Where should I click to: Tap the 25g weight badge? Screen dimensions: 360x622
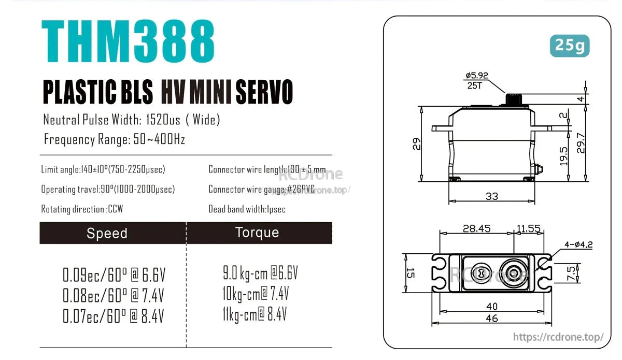(x=569, y=46)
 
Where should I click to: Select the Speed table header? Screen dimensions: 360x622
(x=107, y=233)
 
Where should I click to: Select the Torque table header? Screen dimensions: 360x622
(x=257, y=233)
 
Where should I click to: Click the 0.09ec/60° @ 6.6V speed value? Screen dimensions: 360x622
(x=114, y=275)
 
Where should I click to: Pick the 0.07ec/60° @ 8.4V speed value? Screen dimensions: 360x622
(x=114, y=315)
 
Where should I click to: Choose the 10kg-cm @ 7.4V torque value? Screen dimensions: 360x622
(x=256, y=294)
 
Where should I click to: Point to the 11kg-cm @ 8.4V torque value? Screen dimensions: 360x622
(x=255, y=314)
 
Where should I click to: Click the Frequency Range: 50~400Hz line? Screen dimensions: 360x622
(x=114, y=139)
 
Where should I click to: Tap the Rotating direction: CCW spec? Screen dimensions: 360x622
(x=82, y=209)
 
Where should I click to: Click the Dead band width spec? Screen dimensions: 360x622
(x=247, y=209)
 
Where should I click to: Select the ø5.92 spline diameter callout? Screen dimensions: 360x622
(x=476, y=76)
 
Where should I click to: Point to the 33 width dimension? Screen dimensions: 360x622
(x=491, y=196)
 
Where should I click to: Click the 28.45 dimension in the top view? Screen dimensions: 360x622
(x=477, y=228)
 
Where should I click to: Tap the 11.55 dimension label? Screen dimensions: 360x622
(x=528, y=228)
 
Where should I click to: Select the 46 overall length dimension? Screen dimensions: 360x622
(x=491, y=318)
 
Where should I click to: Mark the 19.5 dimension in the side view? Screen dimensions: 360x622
(x=564, y=156)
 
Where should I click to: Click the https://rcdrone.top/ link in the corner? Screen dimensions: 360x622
(x=558, y=337)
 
